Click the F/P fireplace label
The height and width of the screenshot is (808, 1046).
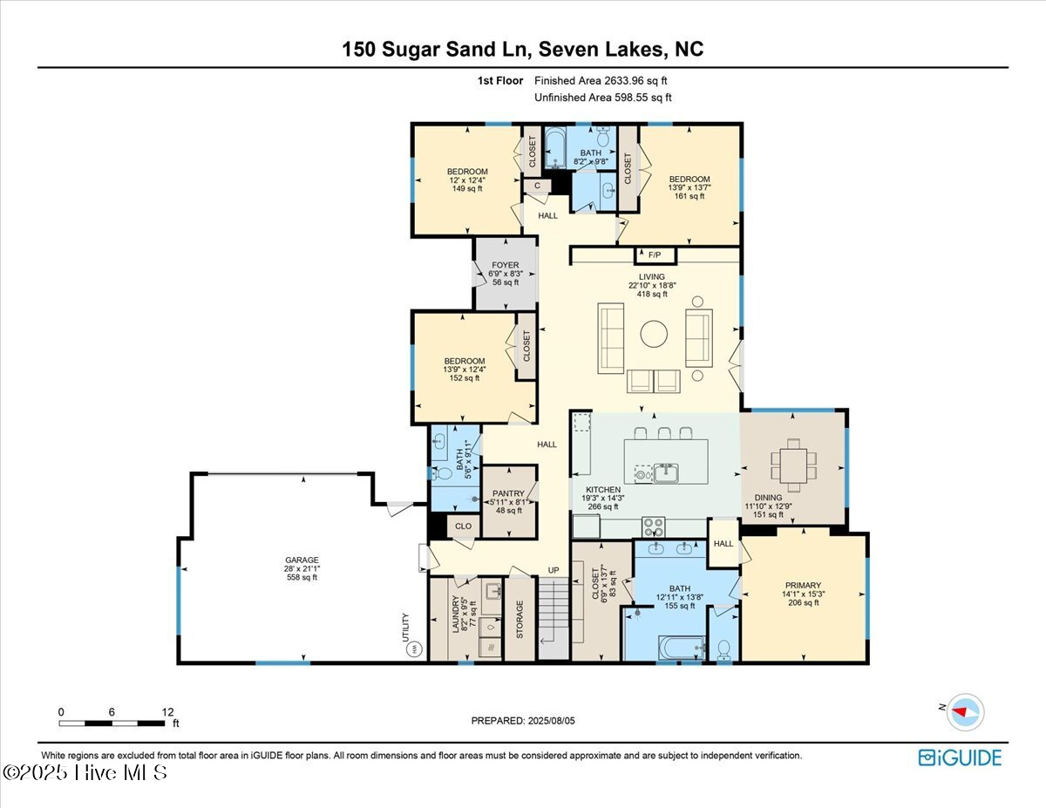(655, 255)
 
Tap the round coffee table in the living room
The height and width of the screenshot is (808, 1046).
(654, 334)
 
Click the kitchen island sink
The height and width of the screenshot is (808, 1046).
(666, 472)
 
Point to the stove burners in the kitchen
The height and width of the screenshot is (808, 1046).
(653, 527)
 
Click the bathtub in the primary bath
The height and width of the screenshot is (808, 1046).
(682, 648)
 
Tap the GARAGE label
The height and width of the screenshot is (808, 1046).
(302, 560)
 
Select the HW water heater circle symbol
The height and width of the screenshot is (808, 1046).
(414, 649)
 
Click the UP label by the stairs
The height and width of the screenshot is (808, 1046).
(554, 570)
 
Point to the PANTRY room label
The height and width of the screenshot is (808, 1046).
(508, 493)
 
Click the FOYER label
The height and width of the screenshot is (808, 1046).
(506, 265)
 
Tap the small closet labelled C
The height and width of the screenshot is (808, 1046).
(537, 186)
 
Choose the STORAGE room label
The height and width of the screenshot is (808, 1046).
(520, 620)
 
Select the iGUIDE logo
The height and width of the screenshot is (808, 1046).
(960, 758)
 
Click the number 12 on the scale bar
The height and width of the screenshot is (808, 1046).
(167, 712)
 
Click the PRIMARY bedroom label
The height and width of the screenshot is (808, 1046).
(803, 586)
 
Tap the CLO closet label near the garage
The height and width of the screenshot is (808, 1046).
(463, 526)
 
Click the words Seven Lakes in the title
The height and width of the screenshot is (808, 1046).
(601, 49)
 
